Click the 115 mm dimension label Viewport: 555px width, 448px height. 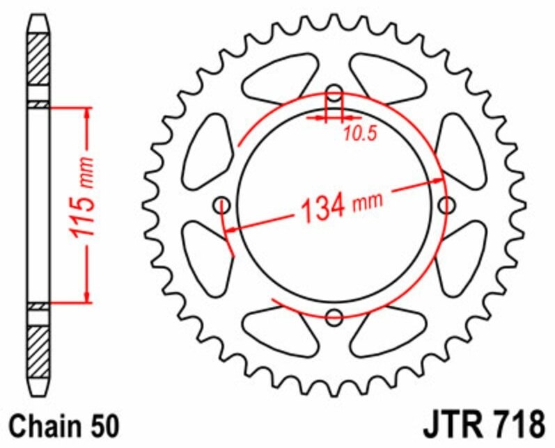click(x=84, y=206)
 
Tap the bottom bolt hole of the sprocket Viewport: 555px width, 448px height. click(x=335, y=317)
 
